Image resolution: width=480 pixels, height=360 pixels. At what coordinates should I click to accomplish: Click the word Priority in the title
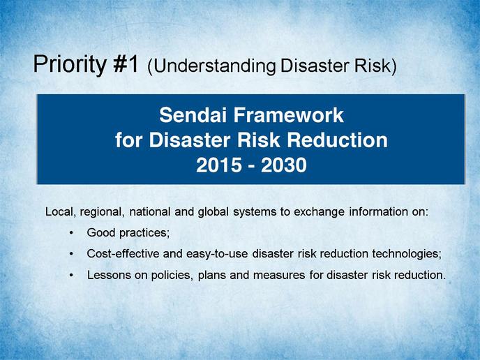point(70,65)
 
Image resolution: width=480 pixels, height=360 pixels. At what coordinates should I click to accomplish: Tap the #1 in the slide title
point(126,63)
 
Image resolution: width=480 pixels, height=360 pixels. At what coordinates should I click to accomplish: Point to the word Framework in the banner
point(288,115)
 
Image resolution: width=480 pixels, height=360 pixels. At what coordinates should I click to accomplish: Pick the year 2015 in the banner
point(218,165)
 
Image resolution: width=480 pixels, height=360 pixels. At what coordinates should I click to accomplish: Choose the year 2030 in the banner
point(284,165)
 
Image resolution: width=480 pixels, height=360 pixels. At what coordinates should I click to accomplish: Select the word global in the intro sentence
point(213,212)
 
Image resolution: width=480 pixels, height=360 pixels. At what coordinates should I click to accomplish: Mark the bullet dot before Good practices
point(71,233)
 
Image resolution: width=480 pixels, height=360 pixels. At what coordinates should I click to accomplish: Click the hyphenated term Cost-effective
point(123,254)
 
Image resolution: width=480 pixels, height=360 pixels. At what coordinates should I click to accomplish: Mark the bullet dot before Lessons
point(71,275)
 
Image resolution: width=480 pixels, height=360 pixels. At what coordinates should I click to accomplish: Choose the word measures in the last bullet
point(279,276)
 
